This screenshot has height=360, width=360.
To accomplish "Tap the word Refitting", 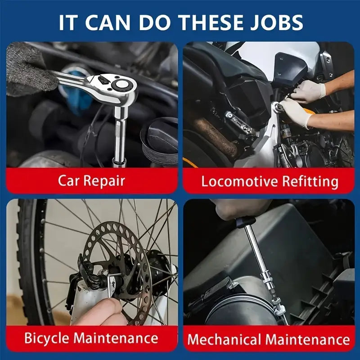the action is coord(310,181).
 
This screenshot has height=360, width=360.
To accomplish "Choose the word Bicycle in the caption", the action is coord(47,338).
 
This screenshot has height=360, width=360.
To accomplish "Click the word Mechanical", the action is coord(224,339).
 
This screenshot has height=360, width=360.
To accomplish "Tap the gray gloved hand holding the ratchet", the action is coord(27,69).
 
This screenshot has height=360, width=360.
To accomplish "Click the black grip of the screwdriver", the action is coord(245,222).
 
